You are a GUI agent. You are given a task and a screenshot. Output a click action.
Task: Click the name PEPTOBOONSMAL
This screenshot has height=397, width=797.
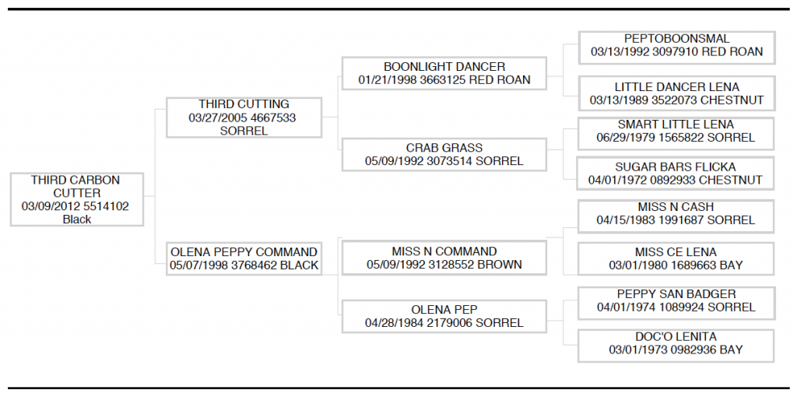(676, 39)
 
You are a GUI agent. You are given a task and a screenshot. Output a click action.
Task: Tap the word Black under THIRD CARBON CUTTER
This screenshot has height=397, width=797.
(77, 220)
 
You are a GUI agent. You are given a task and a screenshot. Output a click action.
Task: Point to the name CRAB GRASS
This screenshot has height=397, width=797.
(444, 148)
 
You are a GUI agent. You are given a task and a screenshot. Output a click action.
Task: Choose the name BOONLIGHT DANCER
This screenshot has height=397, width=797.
(444, 67)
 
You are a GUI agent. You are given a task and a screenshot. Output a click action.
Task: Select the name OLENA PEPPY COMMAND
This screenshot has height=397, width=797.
(244, 252)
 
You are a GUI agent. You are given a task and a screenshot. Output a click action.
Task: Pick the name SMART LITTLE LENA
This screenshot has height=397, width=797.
(676, 125)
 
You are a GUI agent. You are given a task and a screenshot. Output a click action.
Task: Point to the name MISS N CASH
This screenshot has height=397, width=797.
(676, 207)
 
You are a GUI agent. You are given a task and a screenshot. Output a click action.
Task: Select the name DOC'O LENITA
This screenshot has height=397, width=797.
(676, 336)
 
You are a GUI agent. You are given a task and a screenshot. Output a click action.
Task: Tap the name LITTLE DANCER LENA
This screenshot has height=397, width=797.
(677, 87)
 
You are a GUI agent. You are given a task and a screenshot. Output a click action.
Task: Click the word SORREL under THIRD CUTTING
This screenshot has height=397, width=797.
(244, 131)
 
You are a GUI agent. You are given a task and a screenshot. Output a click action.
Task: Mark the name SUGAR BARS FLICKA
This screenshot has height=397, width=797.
(676, 167)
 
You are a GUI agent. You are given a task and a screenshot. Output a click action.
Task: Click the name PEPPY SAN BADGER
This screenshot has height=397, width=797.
(676, 293)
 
